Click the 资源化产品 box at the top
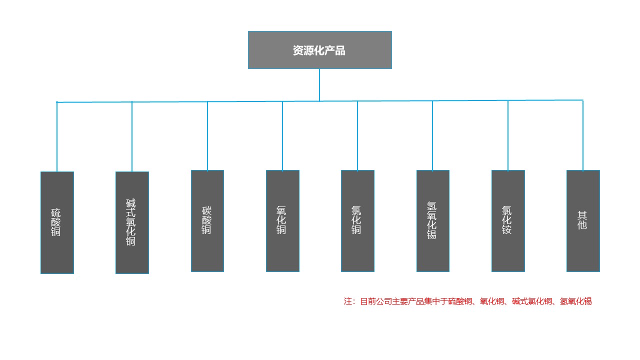tap(319, 50)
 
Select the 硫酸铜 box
tap(57, 222)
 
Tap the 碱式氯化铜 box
tap(132, 222)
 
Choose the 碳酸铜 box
tap(207, 221)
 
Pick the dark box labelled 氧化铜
tap(282, 221)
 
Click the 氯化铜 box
tap(357, 221)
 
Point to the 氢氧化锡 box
tap(432, 221)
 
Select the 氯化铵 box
tap(508, 221)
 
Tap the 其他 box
tap(583, 221)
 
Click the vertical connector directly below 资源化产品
tap(319, 85)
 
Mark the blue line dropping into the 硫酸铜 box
tap(57, 137)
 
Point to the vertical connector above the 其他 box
tap(583, 135)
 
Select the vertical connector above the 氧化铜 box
tap(282, 136)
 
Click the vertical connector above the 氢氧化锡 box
tap(432, 135)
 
